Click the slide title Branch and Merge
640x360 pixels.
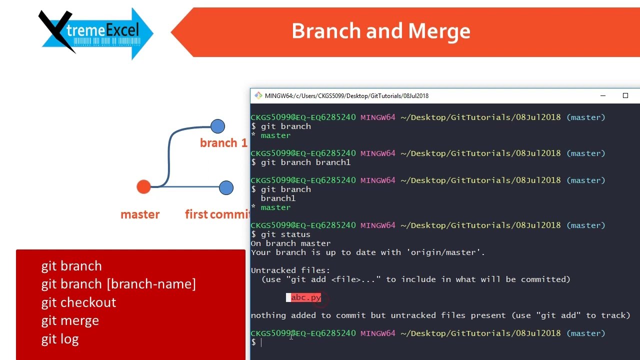(380, 31)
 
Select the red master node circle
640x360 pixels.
(143, 187)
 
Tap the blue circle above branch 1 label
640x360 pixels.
(217, 126)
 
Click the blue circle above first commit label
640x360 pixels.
(226, 187)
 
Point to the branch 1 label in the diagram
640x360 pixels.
(223, 143)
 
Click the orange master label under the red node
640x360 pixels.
(140, 214)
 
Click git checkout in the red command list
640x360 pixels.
(78, 302)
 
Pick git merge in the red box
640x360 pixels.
(70, 320)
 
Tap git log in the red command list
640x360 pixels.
(60, 339)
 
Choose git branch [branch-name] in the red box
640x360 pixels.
(118, 284)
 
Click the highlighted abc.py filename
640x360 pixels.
(305, 297)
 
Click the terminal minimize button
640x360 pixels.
(603, 95)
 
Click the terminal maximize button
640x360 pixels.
(625, 95)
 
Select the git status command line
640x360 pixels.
(285, 234)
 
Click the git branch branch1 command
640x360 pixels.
(305, 162)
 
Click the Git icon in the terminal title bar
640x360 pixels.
(258, 95)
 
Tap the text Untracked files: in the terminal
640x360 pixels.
(290, 270)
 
